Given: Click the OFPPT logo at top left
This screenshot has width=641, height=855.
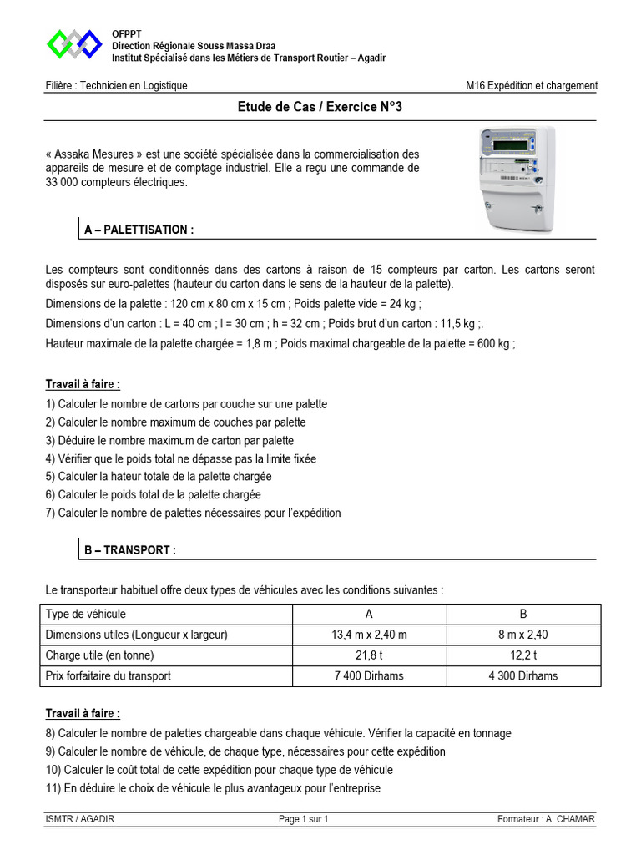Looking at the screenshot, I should [x=74, y=44].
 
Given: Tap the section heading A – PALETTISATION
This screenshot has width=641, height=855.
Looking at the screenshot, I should [x=139, y=230].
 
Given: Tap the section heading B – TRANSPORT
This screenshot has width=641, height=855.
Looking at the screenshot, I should [x=130, y=551].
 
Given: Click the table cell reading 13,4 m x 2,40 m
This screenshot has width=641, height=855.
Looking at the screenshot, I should [x=369, y=635].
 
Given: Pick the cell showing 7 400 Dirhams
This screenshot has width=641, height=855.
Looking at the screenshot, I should [x=369, y=675].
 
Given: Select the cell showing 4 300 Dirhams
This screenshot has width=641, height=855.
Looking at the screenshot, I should [x=523, y=675].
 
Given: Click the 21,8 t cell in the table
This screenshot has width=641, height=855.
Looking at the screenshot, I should [x=369, y=655].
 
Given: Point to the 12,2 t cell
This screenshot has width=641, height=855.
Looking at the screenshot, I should [x=523, y=655].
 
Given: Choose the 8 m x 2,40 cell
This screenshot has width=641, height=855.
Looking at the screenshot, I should [x=523, y=635].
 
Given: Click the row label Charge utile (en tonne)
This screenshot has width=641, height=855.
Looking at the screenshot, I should [x=100, y=655].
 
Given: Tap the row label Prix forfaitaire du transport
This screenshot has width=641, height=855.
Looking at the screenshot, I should [x=109, y=675].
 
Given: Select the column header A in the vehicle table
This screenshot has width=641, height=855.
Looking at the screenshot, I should [x=369, y=615].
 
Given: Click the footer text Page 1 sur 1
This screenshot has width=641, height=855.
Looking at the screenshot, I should [x=304, y=819].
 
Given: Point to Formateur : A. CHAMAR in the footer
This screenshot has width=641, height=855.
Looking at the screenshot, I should [x=545, y=819].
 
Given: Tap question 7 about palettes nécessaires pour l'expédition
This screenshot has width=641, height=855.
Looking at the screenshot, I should [x=194, y=513].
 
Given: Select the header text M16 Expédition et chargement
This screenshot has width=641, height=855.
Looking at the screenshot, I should [x=532, y=85].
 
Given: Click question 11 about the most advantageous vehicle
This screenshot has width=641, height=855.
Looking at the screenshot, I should [x=213, y=787].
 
